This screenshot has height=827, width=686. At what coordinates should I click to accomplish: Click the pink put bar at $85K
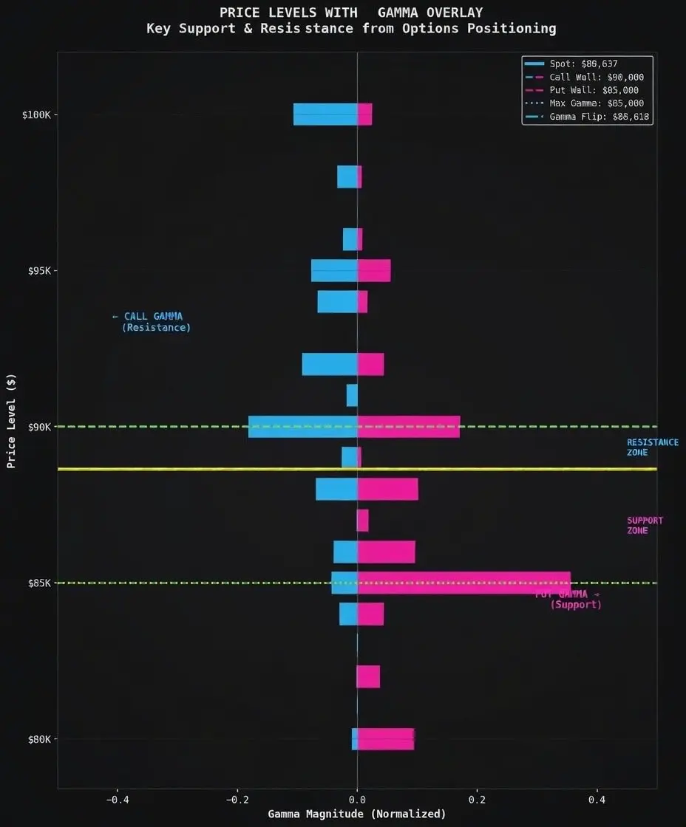coord(463,583)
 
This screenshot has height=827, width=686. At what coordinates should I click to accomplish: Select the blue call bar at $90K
coord(302,427)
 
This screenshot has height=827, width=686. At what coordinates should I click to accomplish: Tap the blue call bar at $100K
coord(325,114)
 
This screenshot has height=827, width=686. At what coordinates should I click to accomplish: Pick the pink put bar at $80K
coord(386,738)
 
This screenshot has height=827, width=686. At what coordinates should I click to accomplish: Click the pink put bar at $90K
coord(409,427)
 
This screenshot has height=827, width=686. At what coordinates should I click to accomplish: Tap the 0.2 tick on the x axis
coord(478,800)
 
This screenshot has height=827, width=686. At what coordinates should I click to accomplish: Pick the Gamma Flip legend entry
coord(600,117)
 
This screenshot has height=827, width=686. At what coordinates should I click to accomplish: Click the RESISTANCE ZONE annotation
coord(652,447)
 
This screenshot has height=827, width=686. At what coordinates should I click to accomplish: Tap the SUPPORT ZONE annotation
coord(645,526)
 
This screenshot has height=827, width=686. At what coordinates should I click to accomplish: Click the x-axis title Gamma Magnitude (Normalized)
coord(357,814)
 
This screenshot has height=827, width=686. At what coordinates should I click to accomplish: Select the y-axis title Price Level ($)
coord(11,422)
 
